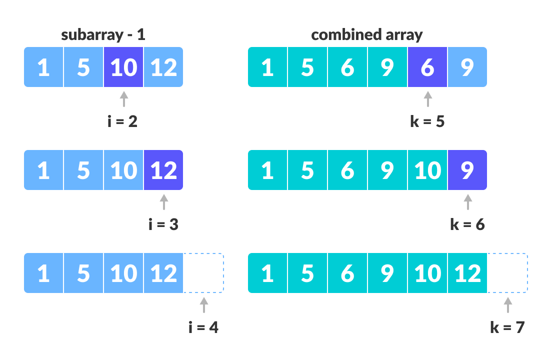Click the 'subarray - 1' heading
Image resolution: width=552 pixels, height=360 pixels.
(x=103, y=35)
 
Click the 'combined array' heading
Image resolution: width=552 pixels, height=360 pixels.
(x=366, y=35)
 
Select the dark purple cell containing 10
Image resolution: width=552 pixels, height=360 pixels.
(x=123, y=67)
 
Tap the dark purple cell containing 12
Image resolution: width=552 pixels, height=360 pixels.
(x=163, y=170)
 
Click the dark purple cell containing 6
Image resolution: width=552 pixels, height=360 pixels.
(x=427, y=67)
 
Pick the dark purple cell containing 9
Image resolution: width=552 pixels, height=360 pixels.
(x=467, y=170)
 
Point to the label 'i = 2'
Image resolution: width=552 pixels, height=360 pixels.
(x=122, y=121)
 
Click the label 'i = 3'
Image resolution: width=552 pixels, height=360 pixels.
(x=163, y=224)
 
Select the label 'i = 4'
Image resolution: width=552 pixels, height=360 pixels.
(x=203, y=327)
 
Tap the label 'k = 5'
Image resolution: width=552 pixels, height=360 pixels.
(x=427, y=121)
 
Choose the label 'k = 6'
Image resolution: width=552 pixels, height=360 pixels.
(x=467, y=224)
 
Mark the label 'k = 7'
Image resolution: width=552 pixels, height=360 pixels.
(x=507, y=327)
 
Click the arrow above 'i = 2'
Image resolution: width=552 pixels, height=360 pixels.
(x=123, y=98)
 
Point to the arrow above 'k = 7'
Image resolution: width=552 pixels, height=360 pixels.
(x=507, y=304)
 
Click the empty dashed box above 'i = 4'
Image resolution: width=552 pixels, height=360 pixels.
(x=203, y=273)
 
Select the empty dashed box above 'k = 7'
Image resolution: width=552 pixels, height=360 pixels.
(x=507, y=273)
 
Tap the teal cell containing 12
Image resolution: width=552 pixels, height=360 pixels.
(x=467, y=273)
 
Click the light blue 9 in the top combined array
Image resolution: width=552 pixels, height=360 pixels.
(x=467, y=67)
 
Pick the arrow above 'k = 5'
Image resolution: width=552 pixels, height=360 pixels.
(x=427, y=98)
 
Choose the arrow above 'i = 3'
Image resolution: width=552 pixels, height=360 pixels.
(x=163, y=201)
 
